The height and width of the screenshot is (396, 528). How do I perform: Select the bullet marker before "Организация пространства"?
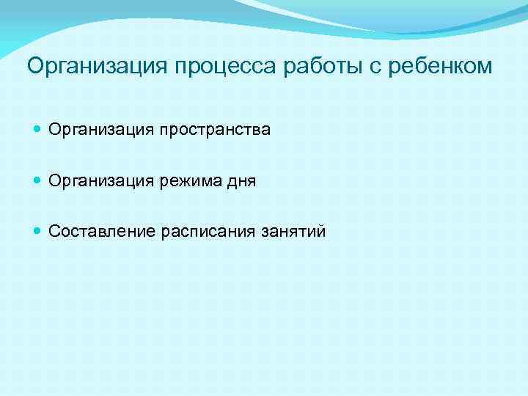pos(38,130)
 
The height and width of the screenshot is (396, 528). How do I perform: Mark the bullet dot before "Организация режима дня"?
pos(38,181)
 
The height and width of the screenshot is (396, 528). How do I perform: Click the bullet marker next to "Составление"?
pos(38,232)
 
